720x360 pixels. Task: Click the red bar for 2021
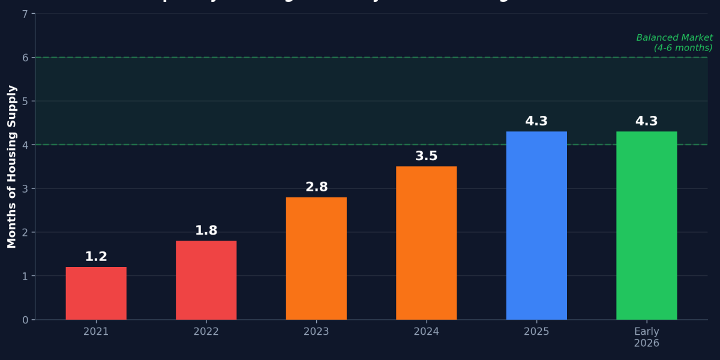point(96,293)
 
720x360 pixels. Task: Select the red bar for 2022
point(206,280)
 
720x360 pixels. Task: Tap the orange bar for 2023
point(316,259)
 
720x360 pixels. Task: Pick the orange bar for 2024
point(426,243)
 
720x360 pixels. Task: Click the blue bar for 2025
point(536,226)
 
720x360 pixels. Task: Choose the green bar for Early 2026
point(646,226)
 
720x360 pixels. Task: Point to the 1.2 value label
point(96,257)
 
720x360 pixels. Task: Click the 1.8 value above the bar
point(206,230)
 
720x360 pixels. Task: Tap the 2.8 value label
point(316,187)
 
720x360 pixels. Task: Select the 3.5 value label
point(426,156)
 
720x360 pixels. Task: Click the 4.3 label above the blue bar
point(536,121)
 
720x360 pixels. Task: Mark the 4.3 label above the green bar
point(646,121)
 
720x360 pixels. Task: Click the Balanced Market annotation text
point(674,43)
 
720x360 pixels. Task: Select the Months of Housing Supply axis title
point(12,166)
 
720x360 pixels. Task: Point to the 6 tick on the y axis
point(25,58)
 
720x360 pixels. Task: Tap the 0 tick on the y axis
point(25,320)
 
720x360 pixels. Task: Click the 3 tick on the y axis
point(25,189)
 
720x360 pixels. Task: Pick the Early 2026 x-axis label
point(646,337)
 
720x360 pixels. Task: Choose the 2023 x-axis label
point(316,332)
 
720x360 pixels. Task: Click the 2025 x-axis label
point(536,332)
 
